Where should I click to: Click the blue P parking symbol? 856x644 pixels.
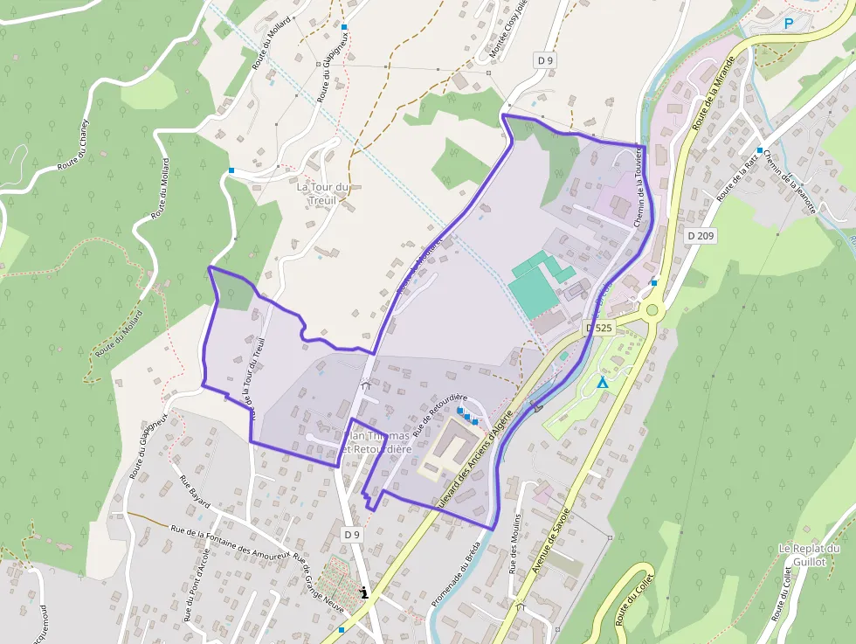pyautogui.click(x=790, y=24)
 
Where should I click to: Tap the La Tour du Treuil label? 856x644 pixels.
pyautogui.click(x=323, y=193)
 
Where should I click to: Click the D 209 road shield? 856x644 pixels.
pyautogui.click(x=700, y=235)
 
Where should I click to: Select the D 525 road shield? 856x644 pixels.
pyautogui.click(x=599, y=328)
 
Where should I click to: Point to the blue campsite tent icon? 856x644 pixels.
pyautogui.click(x=601, y=383)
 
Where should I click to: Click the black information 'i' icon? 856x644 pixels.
pyautogui.click(x=364, y=592)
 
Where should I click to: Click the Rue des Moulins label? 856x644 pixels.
pyautogui.click(x=517, y=543)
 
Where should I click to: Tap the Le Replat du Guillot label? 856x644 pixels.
pyautogui.click(x=809, y=555)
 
